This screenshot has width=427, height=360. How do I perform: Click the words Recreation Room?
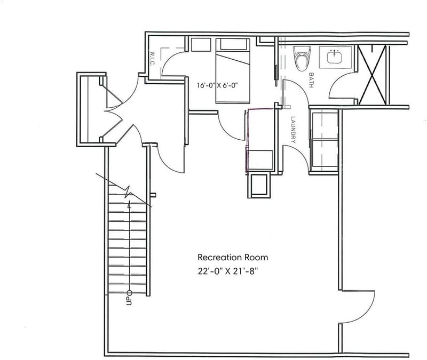(233, 257)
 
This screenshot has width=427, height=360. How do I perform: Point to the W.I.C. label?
(152, 59)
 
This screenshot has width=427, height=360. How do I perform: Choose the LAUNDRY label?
(293, 130)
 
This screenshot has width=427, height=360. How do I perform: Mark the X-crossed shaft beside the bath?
(372, 75)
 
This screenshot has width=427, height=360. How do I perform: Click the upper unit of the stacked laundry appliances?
(325, 126)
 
